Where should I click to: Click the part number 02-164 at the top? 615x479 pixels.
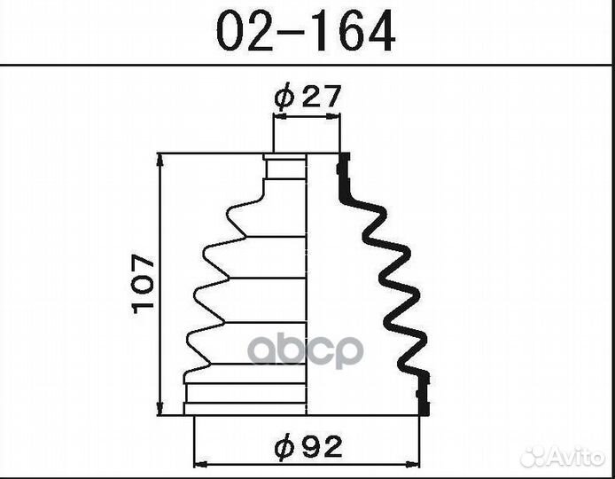(306, 31)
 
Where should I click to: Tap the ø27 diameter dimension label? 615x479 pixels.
(307, 96)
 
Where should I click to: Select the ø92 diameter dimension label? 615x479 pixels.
(308, 447)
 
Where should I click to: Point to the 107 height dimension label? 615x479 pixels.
(144, 284)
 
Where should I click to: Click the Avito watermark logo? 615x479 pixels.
(562, 457)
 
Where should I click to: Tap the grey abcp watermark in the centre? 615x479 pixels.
(306, 350)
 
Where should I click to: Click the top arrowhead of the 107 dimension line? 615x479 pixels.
(160, 160)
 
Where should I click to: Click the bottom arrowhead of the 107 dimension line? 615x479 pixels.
(160, 408)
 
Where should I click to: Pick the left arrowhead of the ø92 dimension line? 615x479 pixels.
(200, 465)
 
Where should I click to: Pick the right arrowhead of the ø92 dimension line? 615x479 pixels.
(413, 465)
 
